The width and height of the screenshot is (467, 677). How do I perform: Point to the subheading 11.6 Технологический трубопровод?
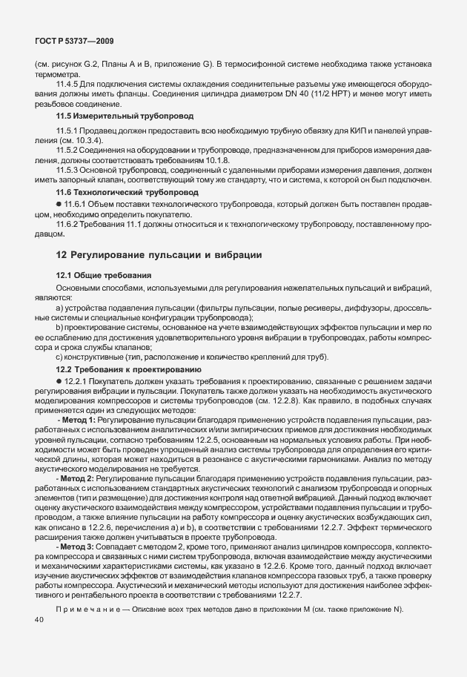click(119, 191)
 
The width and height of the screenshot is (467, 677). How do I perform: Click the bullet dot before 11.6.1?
click(59, 202)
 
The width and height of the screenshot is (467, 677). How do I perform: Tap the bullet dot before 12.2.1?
click(59, 380)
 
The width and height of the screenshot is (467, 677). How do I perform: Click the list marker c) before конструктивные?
click(60, 356)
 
